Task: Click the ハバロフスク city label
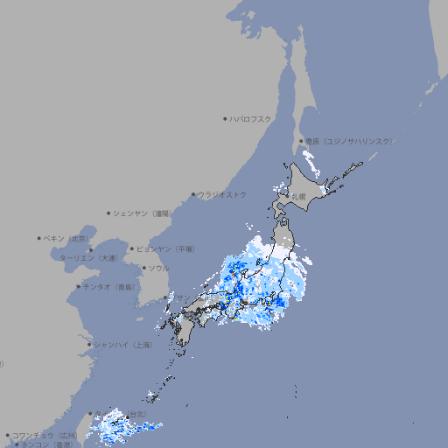tap(251, 118)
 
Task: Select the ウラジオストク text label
tap(222, 194)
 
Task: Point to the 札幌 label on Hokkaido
tap(299, 196)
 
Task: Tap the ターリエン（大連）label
tap(88, 258)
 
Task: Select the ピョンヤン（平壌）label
tap(164, 248)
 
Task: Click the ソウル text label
tap(157, 268)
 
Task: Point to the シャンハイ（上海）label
tap(122, 345)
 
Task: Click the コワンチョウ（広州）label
tap(45, 435)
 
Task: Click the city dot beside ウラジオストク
tap(193, 194)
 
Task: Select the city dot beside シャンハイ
tap(89, 345)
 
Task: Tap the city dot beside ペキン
tap(39, 238)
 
